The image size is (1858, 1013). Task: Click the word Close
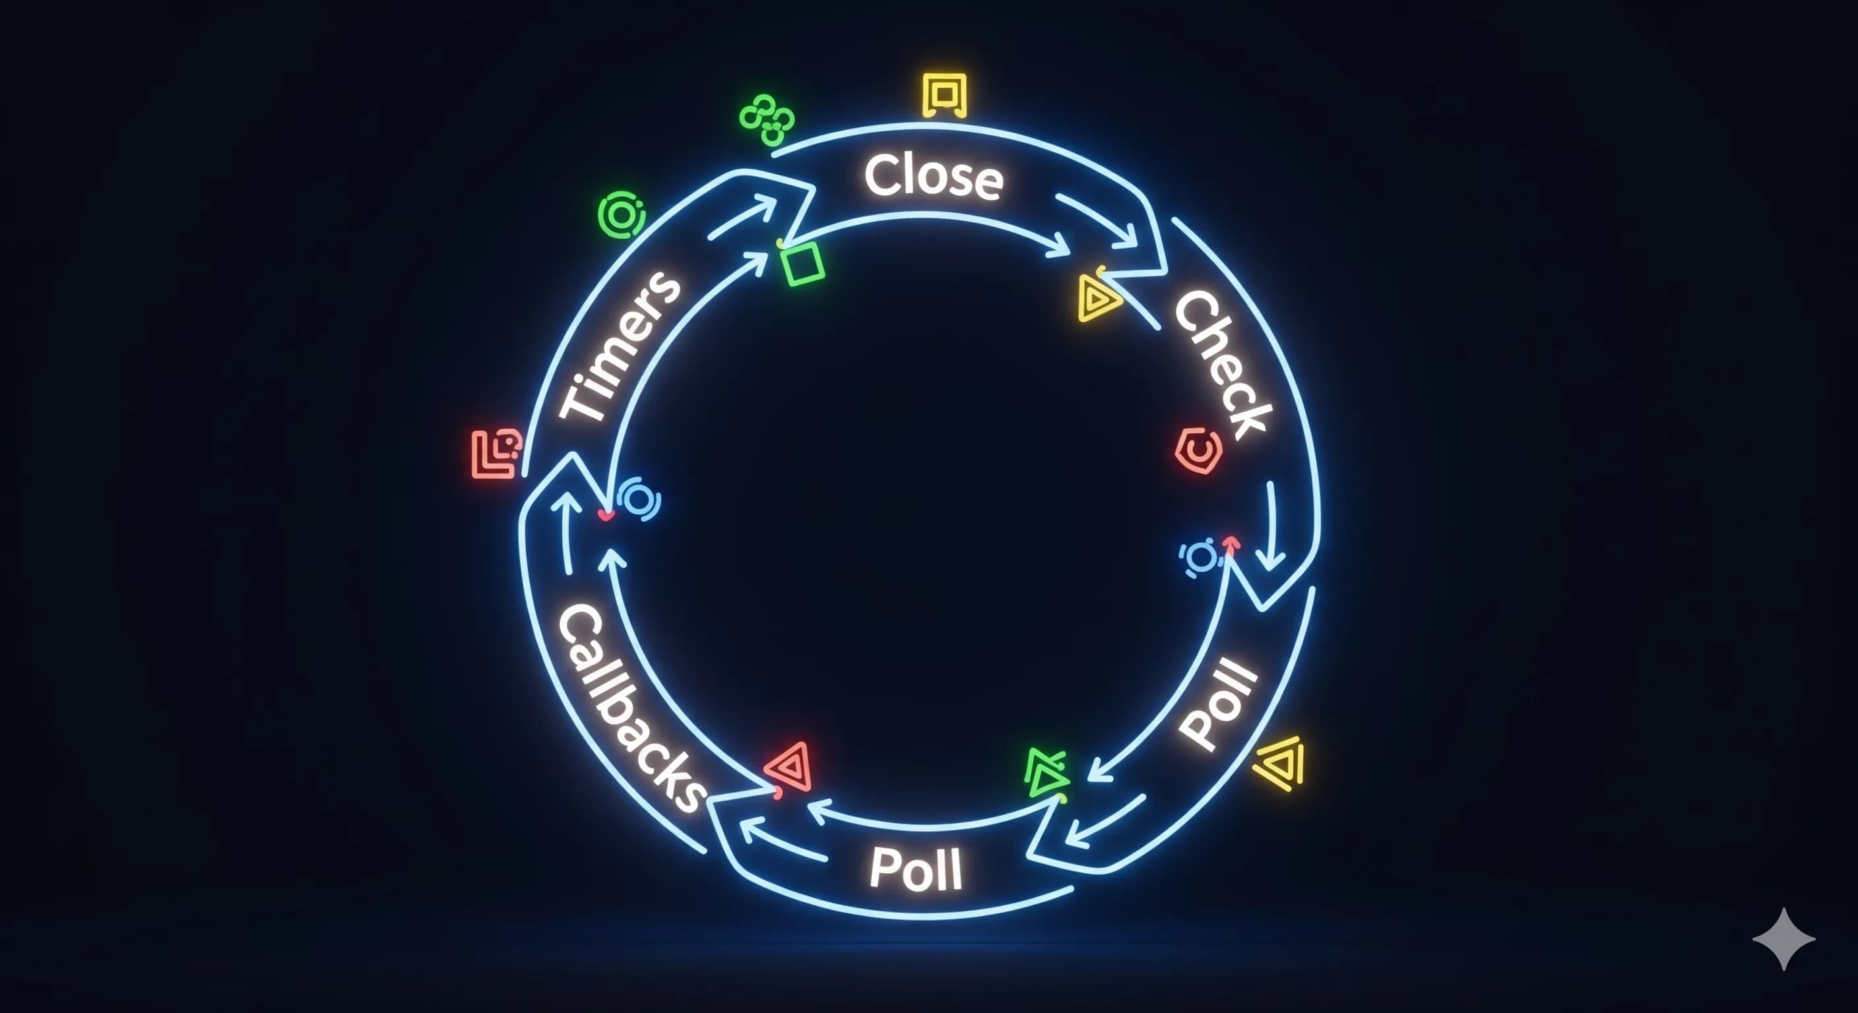934,176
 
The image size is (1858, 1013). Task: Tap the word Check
1222,364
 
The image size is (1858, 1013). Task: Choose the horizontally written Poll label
916,869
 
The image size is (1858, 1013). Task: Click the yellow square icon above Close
944,95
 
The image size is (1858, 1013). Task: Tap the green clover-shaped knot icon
767,119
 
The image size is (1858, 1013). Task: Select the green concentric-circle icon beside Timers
621,214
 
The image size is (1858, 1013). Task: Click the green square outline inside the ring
802,263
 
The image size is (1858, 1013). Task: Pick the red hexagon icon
1198,451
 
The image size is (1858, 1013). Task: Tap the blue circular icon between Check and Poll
1200,557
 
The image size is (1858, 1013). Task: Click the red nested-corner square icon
496,454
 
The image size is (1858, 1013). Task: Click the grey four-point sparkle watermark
1783,938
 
